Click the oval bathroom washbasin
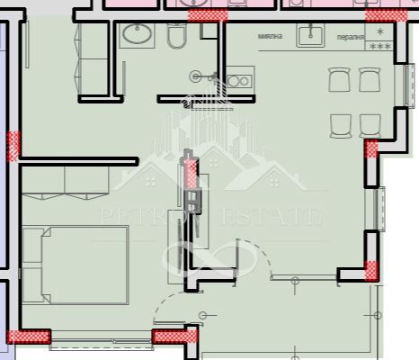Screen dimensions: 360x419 click(138, 35)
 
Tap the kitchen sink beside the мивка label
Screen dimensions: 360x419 click(311, 34)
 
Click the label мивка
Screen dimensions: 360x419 click(270, 37)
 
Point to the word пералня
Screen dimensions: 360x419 click(350, 38)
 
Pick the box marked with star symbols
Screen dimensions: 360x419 click(380, 39)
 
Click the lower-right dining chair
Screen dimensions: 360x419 click(369, 123)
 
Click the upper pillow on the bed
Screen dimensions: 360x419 click(33, 244)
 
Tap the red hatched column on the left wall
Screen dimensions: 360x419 click(13, 145)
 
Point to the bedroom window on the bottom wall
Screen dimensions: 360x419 click(100, 341)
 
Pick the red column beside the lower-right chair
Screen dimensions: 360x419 click(370, 148)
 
